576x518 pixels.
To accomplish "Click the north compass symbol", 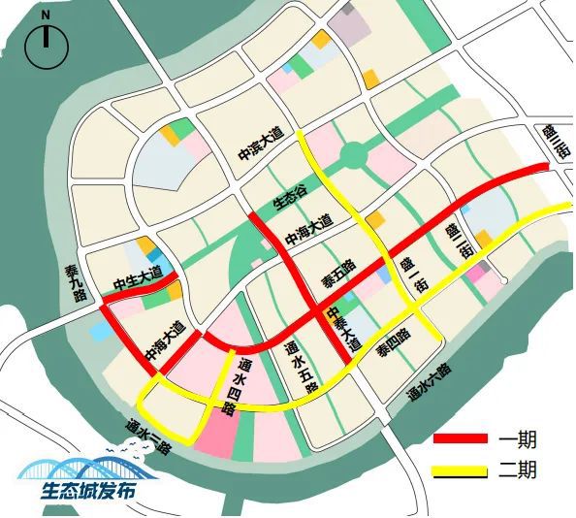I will (x=46, y=45).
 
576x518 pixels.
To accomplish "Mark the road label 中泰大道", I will (x=343, y=330).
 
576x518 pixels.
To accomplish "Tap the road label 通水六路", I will (x=429, y=382).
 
